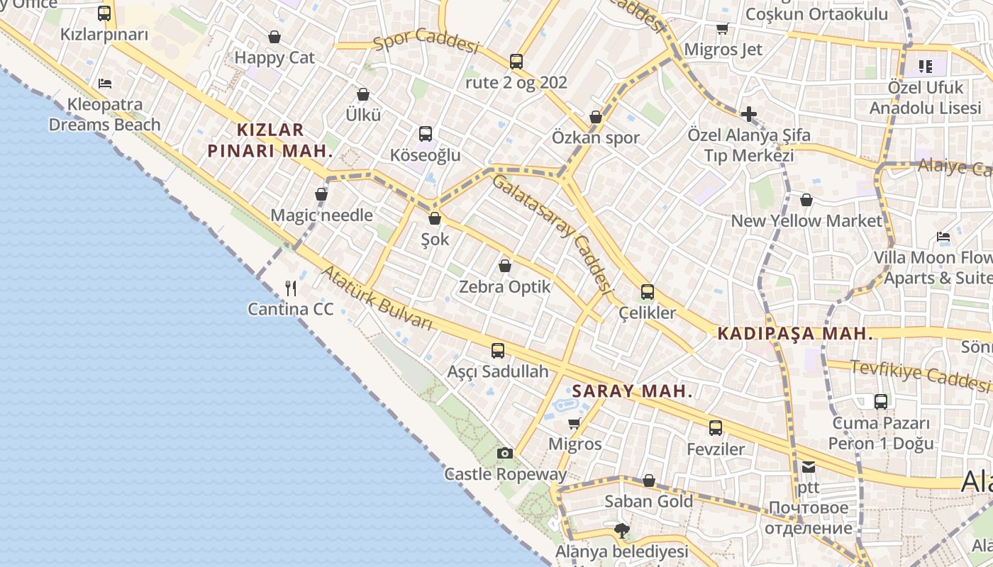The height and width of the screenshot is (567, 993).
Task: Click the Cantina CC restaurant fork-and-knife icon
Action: (x=290, y=288)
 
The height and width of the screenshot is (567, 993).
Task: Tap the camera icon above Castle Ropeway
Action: (x=504, y=453)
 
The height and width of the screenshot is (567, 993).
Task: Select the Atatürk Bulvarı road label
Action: (x=377, y=298)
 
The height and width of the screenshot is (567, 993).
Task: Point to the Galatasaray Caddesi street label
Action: (x=552, y=234)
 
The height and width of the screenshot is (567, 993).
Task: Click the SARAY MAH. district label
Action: (x=632, y=391)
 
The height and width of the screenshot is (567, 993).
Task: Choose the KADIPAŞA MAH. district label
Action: (x=794, y=334)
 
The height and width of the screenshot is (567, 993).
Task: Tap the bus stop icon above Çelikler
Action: (x=647, y=291)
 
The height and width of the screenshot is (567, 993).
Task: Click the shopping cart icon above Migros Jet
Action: (x=722, y=29)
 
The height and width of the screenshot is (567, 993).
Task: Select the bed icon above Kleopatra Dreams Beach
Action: (x=105, y=83)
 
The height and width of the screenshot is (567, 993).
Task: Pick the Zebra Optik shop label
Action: (x=504, y=287)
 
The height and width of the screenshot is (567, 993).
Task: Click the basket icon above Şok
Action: (x=435, y=218)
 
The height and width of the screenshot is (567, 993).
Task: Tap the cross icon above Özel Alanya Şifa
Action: (x=748, y=113)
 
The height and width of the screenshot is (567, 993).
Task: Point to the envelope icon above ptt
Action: (x=809, y=467)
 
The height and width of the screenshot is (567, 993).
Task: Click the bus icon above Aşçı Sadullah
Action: (x=498, y=350)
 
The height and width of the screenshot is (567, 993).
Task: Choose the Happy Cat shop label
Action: (x=274, y=57)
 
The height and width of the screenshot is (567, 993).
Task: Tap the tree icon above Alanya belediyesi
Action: (x=621, y=530)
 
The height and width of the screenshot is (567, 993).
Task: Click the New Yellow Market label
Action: (x=806, y=220)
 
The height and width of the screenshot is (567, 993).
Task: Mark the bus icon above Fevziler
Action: (x=716, y=427)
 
